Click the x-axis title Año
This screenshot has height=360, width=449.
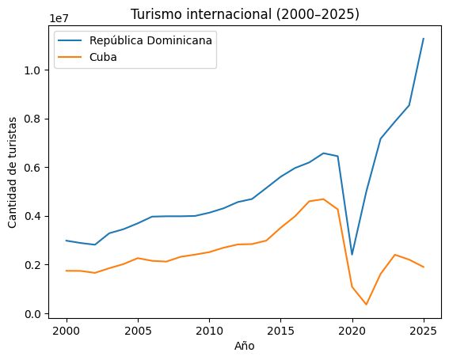click(245, 345)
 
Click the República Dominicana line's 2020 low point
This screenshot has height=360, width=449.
click(352, 255)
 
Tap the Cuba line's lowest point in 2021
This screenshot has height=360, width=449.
click(367, 305)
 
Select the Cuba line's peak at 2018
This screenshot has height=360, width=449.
click(324, 199)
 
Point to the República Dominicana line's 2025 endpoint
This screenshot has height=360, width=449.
click(424, 39)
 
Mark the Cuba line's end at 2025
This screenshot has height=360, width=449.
click(424, 267)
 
